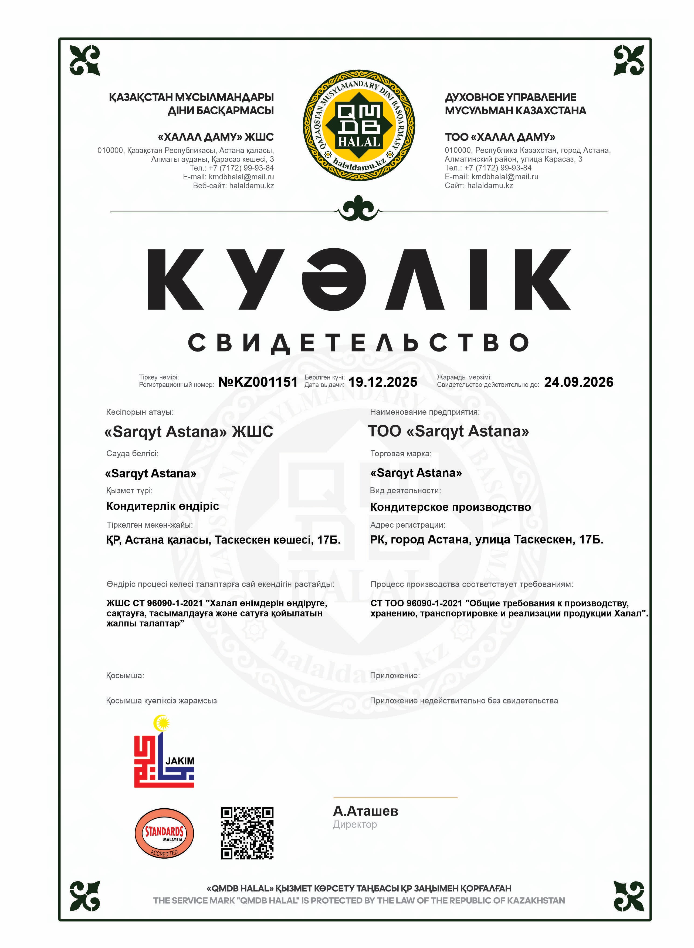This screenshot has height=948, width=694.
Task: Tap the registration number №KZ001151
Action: click(x=258, y=382)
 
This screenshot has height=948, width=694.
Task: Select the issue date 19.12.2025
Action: click(x=383, y=382)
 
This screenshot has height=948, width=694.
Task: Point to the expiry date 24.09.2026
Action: click(x=578, y=382)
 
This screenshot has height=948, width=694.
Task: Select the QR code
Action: click(x=248, y=833)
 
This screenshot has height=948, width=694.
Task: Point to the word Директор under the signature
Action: click(x=355, y=825)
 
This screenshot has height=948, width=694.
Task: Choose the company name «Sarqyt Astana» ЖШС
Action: click(x=189, y=432)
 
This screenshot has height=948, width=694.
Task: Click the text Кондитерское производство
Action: click(x=450, y=507)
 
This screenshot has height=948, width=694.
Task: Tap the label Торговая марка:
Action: click(x=401, y=454)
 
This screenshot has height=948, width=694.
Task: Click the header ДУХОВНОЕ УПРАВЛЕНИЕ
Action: click(x=510, y=98)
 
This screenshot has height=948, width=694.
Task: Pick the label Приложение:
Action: click(x=395, y=676)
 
